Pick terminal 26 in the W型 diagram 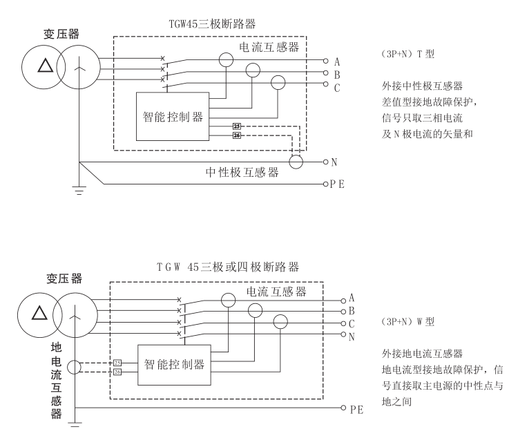[117, 374]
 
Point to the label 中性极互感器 [242, 173]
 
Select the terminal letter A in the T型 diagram [335, 60]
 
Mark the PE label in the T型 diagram [337, 185]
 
